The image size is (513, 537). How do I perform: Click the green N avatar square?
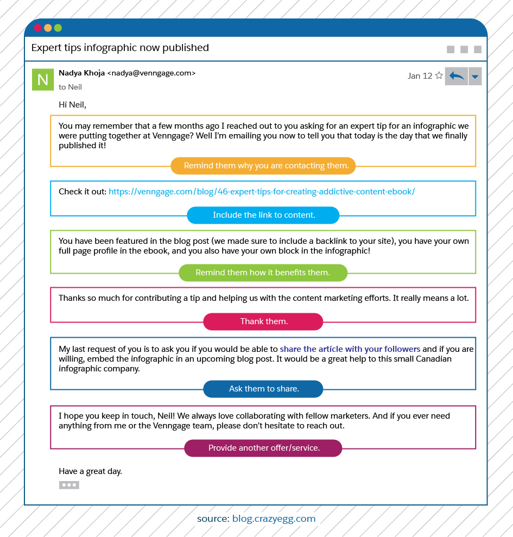[x=42, y=80]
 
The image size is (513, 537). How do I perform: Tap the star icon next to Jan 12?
[x=439, y=75]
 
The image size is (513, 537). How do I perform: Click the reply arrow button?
[x=456, y=76]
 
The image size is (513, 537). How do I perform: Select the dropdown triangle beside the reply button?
[x=475, y=77]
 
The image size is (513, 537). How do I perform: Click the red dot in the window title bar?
[x=38, y=28]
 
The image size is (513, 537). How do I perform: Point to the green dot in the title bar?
[x=58, y=28]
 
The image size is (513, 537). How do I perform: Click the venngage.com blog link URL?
[x=262, y=191]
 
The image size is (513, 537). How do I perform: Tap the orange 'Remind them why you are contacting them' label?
[x=263, y=166]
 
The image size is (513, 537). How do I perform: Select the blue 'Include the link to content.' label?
[x=263, y=215]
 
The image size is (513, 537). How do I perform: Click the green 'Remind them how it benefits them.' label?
[x=263, y=273]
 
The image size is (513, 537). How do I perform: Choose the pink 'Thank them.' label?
[x=263, y=321]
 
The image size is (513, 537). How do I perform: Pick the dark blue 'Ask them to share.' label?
[x=263, y=389]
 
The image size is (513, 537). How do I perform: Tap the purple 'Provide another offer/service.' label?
[x=263, y=448]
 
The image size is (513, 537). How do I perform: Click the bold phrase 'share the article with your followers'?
[x=350, y=349]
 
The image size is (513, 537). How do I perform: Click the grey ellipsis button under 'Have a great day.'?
[x=69, y=485]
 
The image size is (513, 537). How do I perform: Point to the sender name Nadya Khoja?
[x=81, y=73]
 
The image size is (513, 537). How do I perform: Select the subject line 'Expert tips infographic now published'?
[x=120, y=48]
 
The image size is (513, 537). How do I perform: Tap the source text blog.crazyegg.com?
[x=274, y=519]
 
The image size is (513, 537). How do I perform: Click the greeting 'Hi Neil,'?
[x=72, y=104]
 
